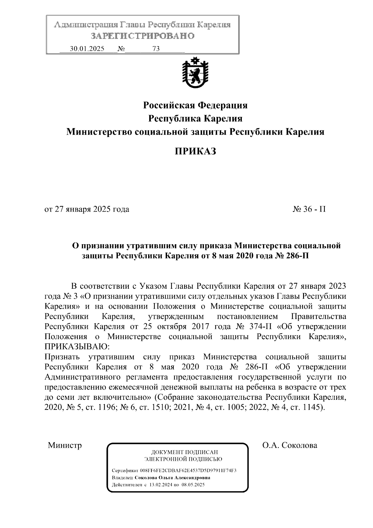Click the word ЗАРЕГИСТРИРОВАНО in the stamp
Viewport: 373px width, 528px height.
143,36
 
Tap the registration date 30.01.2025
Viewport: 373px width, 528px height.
87,49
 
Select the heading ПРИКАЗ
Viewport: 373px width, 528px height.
195,152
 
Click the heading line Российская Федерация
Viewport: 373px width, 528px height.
195,105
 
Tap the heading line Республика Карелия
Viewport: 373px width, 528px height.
195,119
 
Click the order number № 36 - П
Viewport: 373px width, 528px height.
309,209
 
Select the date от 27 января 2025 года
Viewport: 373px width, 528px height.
87,209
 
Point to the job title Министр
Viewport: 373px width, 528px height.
65,445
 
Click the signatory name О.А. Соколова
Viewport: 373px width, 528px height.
289,445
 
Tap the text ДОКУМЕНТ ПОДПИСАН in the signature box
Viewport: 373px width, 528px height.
184,452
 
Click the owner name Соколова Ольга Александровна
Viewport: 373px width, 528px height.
172,478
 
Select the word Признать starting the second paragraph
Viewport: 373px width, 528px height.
62,357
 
